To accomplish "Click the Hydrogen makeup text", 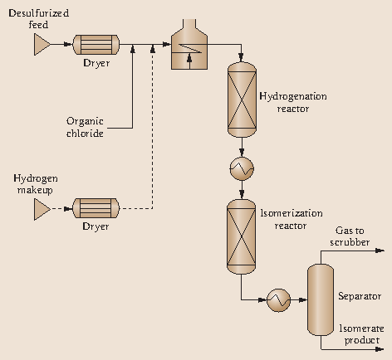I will (33, 184).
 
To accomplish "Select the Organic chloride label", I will (85, 126).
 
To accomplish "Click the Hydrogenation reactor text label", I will (293, 102).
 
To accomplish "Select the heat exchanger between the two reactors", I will (241, 168).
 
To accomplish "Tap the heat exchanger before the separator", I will (277, 302).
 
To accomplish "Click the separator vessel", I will (320, 300).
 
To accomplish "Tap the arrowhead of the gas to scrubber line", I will (383, 251).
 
